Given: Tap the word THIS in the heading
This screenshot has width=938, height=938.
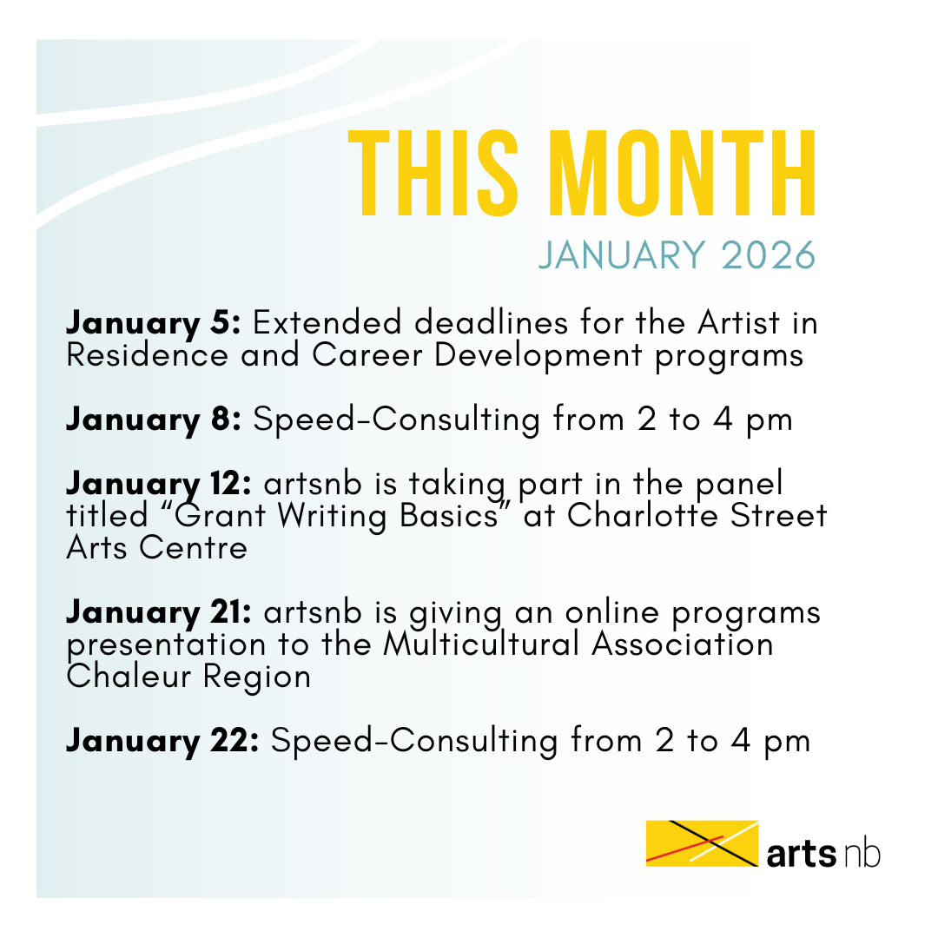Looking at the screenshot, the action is (x=433, y=173).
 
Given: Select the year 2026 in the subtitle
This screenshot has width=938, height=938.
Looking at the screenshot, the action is (x=769, y=255).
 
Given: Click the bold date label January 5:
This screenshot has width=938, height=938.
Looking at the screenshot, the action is (x=153, y=324).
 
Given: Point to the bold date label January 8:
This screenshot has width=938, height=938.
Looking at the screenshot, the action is (x=153, y=420).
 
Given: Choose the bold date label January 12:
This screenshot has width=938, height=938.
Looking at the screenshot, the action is (x=159, y=485).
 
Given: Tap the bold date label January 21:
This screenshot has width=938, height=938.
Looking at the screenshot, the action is (x=159, y=614).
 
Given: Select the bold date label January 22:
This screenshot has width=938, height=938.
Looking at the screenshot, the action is (x=162, y=742).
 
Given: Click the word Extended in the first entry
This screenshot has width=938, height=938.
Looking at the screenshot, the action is (x=327, y=323).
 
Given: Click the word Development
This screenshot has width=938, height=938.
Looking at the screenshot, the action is (x=538, y=357).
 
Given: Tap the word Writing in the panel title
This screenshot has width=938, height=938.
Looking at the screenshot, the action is (x=332, y=517).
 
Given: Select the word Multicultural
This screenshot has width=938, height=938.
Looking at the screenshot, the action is (x=481, y=644).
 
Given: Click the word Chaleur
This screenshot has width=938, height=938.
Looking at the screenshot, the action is (x=128, y=677).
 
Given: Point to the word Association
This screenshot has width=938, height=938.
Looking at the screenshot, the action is (x=683, y=644).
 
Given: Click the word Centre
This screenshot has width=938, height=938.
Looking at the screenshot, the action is (x=193, y=548).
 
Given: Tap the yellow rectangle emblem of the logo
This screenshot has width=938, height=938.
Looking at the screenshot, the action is (x=703, y=843).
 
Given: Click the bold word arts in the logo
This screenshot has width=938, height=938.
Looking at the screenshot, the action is (x=801, y=854).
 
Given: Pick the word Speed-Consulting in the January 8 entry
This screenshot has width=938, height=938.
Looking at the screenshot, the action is (x=397, y=420).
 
